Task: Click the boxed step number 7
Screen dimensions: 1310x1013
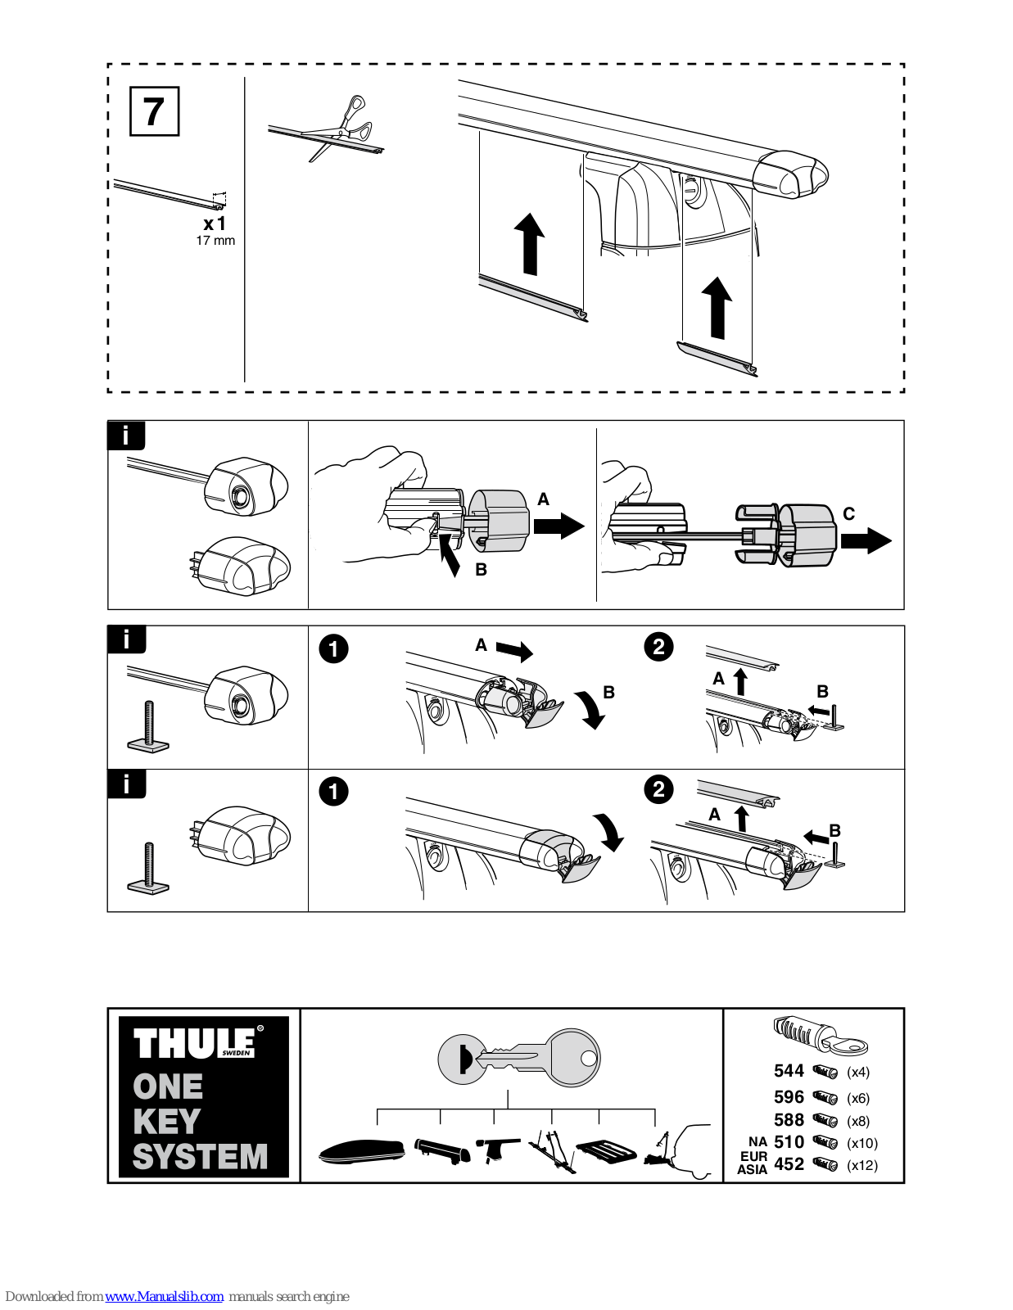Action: coord(154,111)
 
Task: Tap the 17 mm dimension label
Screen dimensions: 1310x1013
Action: coord(215,241)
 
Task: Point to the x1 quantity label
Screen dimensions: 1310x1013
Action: coord(215,224)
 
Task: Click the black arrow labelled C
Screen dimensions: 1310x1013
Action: coord(866,540)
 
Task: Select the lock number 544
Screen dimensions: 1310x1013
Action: coord(789,1071)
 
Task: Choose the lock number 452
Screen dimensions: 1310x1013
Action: coord(789,1164)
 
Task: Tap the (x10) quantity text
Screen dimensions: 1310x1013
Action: coord(862,1143)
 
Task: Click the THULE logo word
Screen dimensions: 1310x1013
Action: coord(195,1044)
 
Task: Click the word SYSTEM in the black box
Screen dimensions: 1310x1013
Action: coord(201,1157)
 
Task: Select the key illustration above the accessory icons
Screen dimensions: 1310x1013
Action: coord(519,1058)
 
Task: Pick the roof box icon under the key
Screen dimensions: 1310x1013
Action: coord(361,1151)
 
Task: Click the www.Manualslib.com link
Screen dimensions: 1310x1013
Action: coord(164,1296)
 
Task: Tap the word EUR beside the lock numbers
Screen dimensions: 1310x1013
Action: coord(753,1156)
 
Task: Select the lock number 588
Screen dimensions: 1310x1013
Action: coord(789,1120)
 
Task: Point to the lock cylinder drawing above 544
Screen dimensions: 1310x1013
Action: coord(819,1034)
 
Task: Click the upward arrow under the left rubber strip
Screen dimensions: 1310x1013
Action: coord(529,244)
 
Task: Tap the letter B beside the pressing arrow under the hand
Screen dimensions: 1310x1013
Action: coord(482,570)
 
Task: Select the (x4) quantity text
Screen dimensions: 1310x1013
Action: coord(858,1072)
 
